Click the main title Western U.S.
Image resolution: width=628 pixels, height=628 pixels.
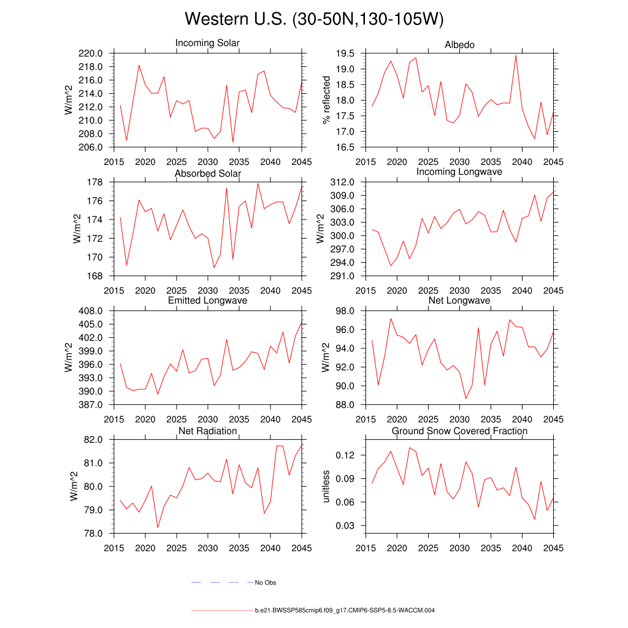coord(313,20)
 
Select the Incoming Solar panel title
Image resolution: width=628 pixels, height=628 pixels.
coord(207,44)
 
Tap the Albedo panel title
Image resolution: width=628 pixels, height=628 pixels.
coord(459,45)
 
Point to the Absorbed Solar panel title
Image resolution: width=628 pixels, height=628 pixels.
coord(207,174)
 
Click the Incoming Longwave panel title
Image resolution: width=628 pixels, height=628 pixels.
coord(459,172)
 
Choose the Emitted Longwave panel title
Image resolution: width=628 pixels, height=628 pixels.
coord(207,301)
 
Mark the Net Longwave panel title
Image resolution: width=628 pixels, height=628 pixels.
coord(459,301)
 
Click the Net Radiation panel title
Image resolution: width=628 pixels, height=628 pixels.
coord(207,431)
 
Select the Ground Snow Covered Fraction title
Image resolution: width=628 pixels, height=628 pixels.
coord(459,431)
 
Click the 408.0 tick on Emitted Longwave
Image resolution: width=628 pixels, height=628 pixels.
coord(95,311)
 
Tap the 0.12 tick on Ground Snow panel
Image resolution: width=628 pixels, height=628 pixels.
coord(347,455)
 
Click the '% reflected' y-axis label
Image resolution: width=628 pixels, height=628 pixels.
coord(326,100)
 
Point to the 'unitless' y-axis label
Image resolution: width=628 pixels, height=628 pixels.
coord(326,486)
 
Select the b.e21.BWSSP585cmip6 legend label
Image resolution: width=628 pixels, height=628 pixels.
coord(345,611)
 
